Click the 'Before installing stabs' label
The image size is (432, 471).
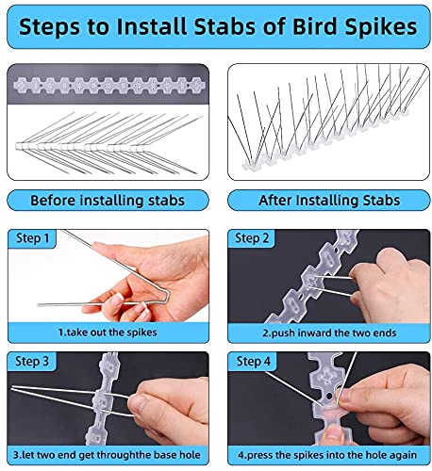click(x=108, y=201)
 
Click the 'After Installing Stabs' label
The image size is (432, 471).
click(x=324, y=201)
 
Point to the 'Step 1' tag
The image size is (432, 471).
click(x=33, y=238)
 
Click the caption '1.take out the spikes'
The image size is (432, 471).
click(x=108, y=333)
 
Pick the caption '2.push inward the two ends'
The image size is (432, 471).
click(x=324, y=333)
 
